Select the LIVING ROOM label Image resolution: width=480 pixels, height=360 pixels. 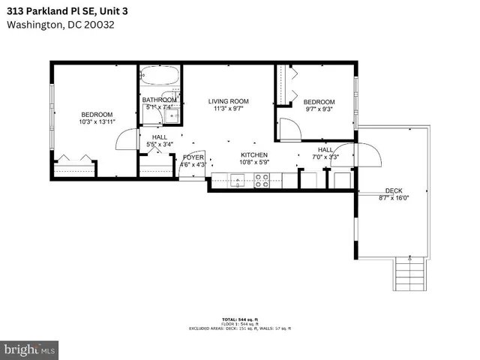click(x=228, y=101)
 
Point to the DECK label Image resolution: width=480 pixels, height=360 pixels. click(x=394, y=190)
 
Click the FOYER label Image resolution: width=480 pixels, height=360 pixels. click(x=193, y=157)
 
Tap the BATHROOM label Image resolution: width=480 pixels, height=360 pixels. click(x=159, y=100)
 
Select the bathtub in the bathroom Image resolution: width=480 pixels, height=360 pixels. click(x=160, y=78)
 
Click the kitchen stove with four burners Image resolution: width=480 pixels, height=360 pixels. click(x=263, y=179)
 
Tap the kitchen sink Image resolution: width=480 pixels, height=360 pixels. click(x=237, y=179)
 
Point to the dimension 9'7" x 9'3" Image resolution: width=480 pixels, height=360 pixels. click(x=318, y=109)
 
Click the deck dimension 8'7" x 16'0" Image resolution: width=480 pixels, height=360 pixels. click(x=393, y=198)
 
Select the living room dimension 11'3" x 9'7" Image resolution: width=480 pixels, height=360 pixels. click(x=228, y=109)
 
